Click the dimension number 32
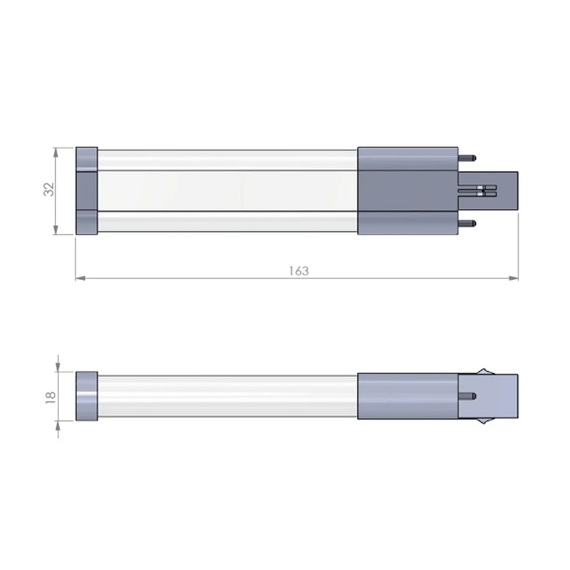click(48, 189)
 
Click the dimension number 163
click(299, 271)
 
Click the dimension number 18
click(51, 397)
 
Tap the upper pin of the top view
click(467, 158)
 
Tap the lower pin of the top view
click(467, 223)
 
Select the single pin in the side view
click(467, 396)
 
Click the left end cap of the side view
click(87, 396)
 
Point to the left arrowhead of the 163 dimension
click(80, 278)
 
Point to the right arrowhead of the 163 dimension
click(514, 278)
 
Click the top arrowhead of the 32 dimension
click(56, 152)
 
